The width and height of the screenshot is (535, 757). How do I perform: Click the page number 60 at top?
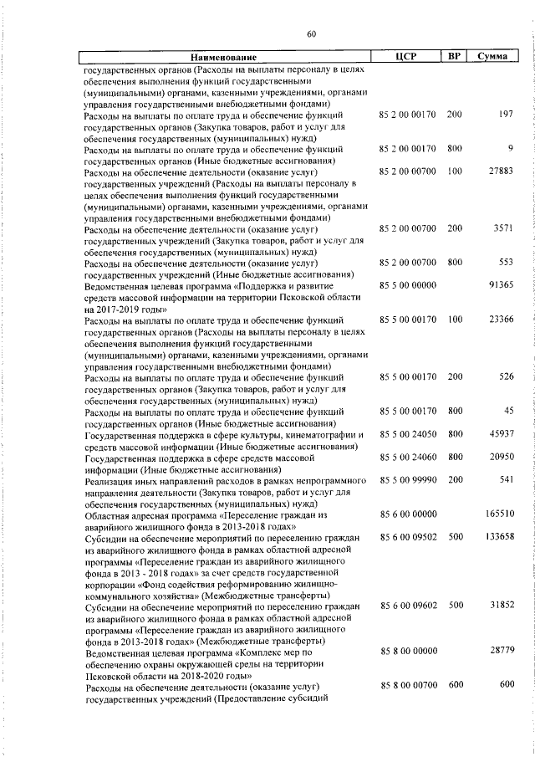pos(311,33)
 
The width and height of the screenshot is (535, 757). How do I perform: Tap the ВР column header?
pos(454,57)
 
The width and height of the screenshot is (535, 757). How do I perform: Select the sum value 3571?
pos(502,228)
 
